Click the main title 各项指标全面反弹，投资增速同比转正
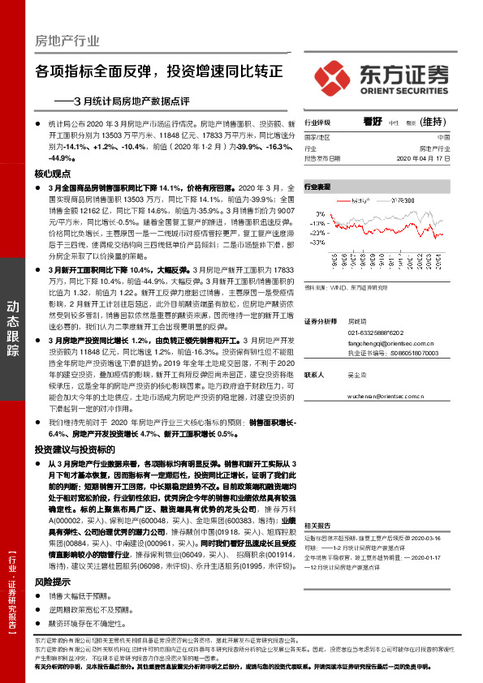(x=159, y=71)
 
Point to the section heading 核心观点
(x=53, y=174)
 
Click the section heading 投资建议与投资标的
(x=75, y=471)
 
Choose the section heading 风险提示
(x=53, y=604)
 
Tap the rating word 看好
(x=373, y=121)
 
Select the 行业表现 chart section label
(x=318, y=187)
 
